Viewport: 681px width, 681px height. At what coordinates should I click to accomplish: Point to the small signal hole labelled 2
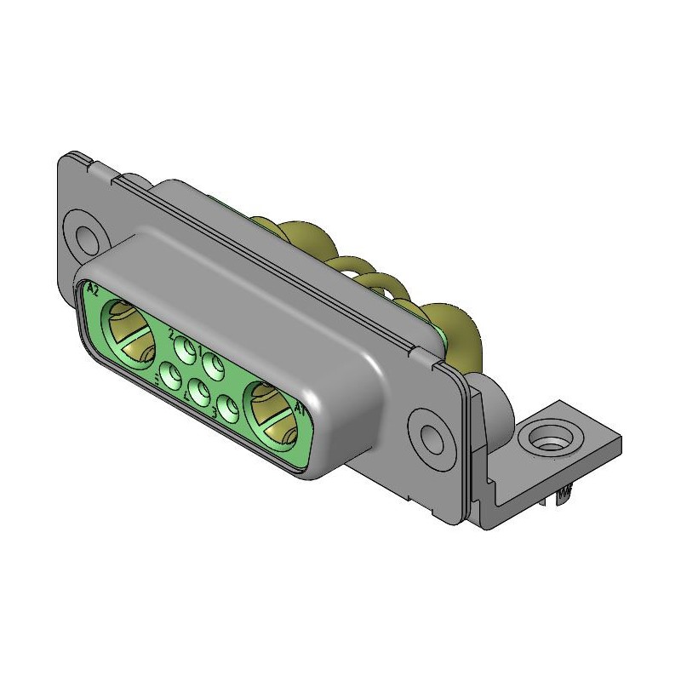[x=185, y=348]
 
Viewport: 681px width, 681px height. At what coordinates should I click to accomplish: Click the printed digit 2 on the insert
[x=172, y=333]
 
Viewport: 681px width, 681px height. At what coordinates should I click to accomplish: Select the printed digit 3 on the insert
[x=214, y=412]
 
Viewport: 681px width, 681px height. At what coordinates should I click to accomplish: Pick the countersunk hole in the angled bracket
[x=546, y=441]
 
